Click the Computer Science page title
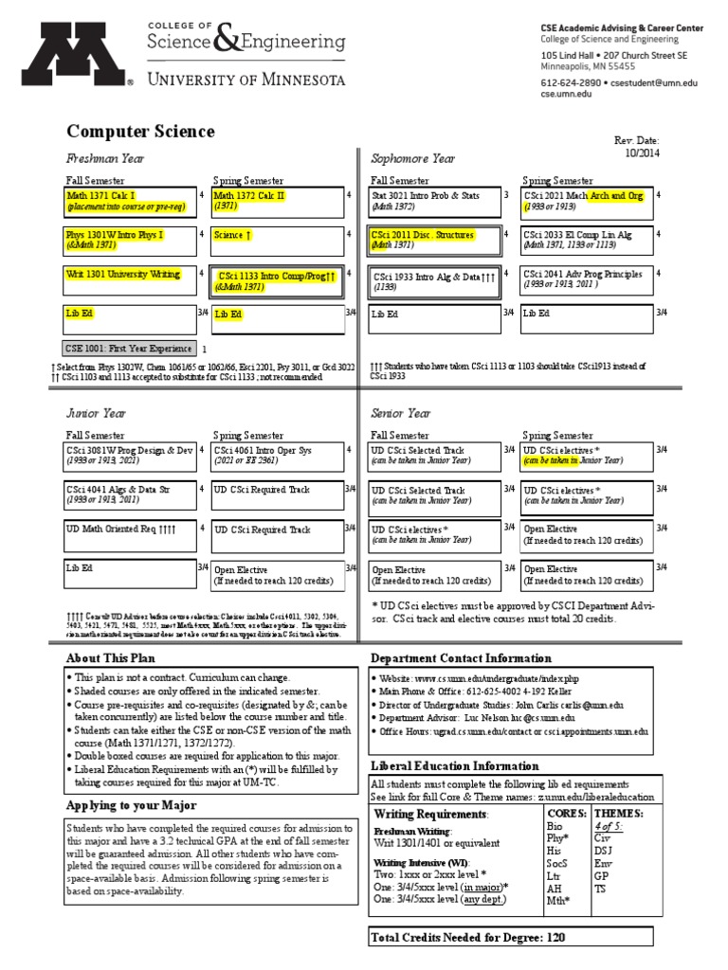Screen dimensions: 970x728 pos(140,132)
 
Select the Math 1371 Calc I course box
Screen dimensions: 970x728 pos(130,201)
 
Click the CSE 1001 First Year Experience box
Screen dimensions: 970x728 pos(130,348)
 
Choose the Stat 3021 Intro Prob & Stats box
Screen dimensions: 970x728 pos(434,201)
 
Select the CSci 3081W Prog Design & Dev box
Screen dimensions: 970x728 pos(130,456)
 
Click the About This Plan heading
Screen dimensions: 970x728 pos(110,658)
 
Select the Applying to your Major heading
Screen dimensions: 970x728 pos(131,805)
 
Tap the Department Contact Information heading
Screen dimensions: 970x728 pos(461,658)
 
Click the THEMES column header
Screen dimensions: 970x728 pos(618,814)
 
